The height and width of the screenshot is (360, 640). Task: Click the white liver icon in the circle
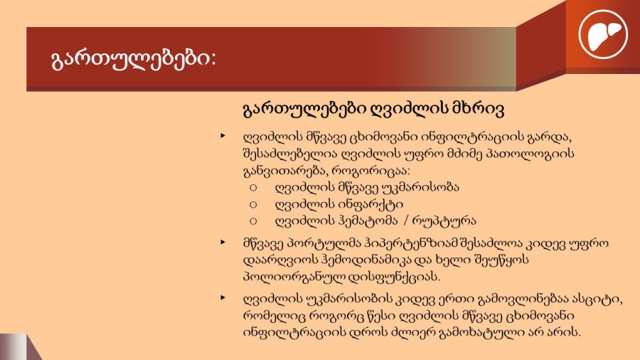(x=603, y=35)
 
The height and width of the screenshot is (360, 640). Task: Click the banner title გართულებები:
(x=134, y=59)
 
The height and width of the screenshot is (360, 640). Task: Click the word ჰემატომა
(x=368, y=221)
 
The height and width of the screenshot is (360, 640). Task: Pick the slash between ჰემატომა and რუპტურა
(x=406, y=221)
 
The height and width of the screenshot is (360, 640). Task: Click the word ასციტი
(x=598, y=300)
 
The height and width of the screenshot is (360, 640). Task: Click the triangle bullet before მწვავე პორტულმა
(x=223, y=243)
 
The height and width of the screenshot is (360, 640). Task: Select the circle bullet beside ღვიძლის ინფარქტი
(x=253, y=204)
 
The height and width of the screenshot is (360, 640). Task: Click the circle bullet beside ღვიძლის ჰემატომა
(x=253, y=221)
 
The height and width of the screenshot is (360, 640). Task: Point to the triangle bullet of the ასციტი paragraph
(x=223, y=298)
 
